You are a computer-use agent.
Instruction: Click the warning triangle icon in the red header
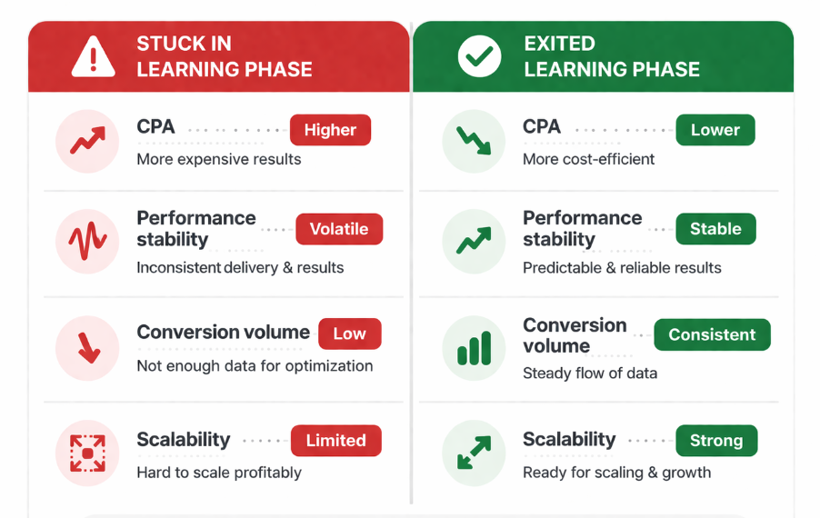93,57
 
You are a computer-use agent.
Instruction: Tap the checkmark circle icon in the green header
479,57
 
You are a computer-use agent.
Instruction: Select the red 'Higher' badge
330,130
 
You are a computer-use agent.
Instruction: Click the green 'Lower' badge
715,130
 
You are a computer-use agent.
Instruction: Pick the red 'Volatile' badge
339,229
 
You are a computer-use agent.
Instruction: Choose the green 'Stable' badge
715,229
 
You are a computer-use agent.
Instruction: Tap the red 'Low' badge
349,334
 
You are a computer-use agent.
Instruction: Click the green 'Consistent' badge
712,334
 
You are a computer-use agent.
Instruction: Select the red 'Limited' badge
335,441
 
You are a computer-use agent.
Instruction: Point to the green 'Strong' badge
716,441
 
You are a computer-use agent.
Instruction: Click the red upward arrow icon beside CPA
87,141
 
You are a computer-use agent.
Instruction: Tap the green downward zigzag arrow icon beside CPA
474,141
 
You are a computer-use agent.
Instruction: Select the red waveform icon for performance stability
87,242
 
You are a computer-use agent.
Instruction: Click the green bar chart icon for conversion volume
474,348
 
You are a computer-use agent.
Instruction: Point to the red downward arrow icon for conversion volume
87,348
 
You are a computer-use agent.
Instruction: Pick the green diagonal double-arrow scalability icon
474,453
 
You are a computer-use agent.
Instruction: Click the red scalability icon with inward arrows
87,453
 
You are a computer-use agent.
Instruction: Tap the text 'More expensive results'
218,160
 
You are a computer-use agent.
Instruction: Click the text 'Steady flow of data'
590,373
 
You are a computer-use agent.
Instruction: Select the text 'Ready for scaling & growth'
616,473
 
